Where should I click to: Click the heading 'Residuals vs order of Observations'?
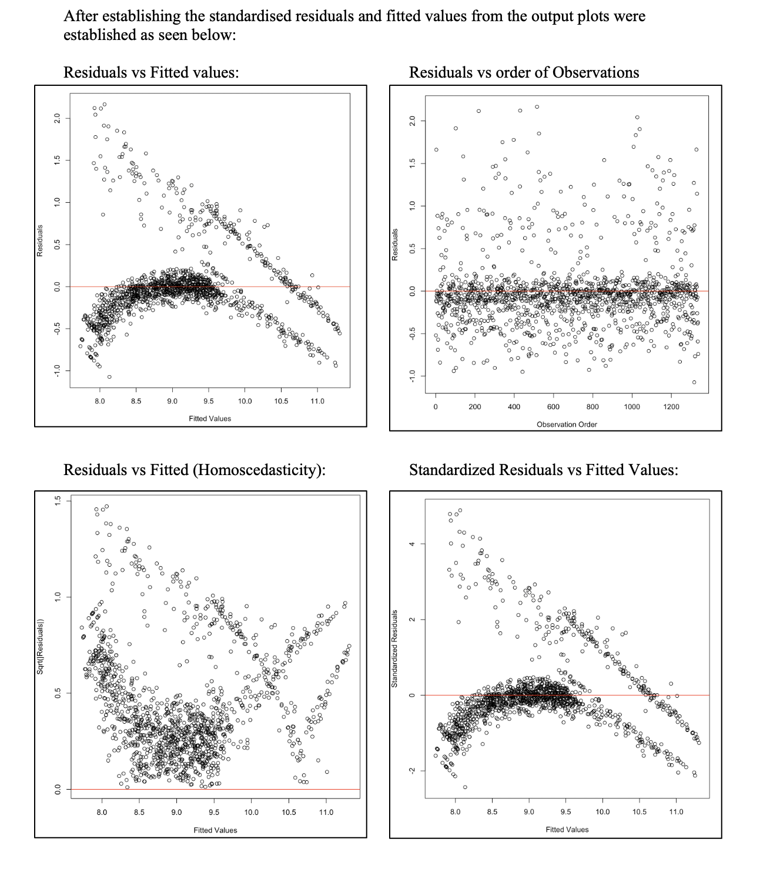[524, 72]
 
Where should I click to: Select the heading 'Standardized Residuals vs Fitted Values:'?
[543, 470]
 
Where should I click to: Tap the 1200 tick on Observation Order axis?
[671, 407]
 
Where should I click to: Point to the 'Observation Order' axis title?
[567, 424]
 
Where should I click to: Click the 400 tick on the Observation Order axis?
[514, 407]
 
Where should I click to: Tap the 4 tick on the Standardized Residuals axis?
[413, 544]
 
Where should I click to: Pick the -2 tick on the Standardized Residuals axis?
[413, 771]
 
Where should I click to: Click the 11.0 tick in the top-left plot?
[317, 402]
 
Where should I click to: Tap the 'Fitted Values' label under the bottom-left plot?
[215, 830]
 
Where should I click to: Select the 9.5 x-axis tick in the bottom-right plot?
[565, 812]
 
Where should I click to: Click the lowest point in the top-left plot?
[109, 376]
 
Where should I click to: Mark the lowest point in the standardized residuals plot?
[465, 787]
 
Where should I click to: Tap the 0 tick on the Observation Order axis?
[436, 407]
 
